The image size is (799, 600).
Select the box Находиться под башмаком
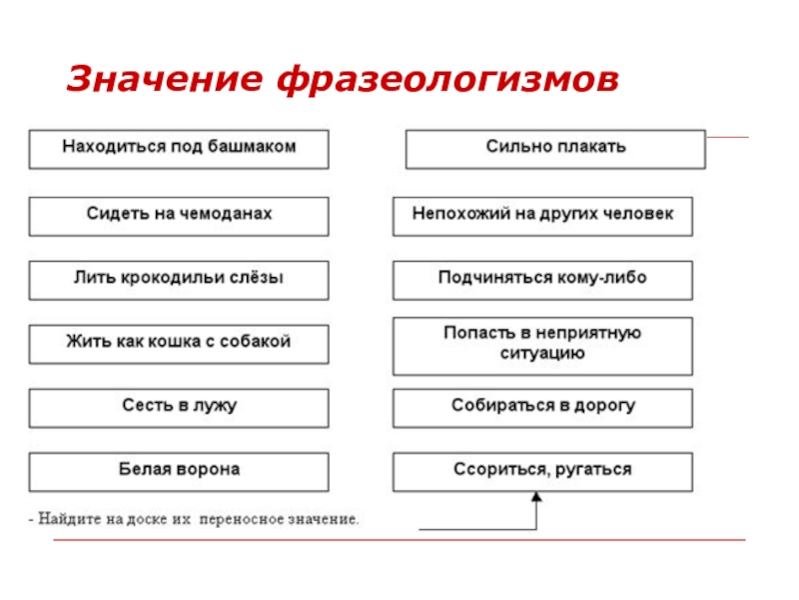tap(179, 148)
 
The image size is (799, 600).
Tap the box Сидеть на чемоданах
tap(179, 215)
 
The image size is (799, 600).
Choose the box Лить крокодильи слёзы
tap(179, 279)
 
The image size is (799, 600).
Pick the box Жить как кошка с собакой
tap(179, 343)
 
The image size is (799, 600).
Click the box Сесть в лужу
tap(179, 407)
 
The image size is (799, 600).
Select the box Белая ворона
tap(179, 470)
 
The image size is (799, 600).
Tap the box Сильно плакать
tap(555, 148)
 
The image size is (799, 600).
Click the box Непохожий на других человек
tap(542, 215)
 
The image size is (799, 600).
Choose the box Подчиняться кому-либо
tap(542, 279)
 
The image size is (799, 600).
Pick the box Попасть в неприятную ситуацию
tap(542, 344)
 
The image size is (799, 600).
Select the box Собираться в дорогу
tap(542, 407)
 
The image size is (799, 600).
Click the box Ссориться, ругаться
tap(542, 470)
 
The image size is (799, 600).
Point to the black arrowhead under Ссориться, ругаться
tap(537, 497)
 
